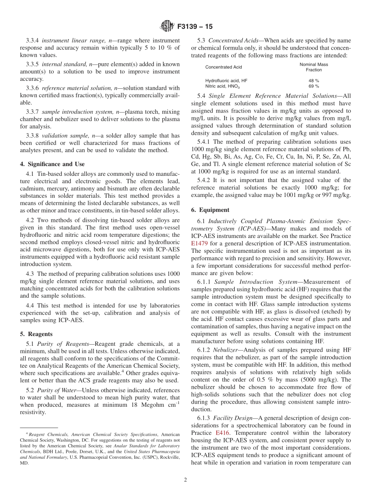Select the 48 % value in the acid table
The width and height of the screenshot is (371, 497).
tap(314, 80)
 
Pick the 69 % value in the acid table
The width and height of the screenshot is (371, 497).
tap(314, 86)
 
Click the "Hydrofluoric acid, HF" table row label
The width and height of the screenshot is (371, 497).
tap(226, 80)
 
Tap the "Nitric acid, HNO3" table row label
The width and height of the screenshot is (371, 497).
tap(223, 86)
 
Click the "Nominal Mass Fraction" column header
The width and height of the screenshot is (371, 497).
tap(314, 67)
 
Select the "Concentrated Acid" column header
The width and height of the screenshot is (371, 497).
tap(223, 67)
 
